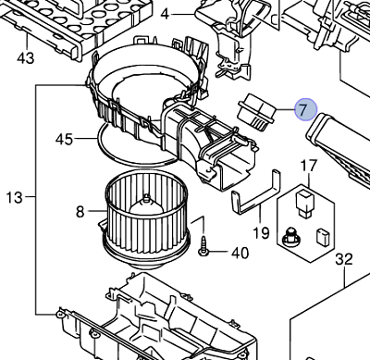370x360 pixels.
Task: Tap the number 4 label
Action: click(165, 14)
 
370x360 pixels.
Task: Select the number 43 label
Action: click(25, 58)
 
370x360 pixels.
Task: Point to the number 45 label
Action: click(63, 140)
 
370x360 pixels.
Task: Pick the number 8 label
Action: click(80, 212)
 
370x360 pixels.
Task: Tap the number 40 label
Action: click(240, 253)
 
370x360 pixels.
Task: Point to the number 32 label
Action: click(343, 258)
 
